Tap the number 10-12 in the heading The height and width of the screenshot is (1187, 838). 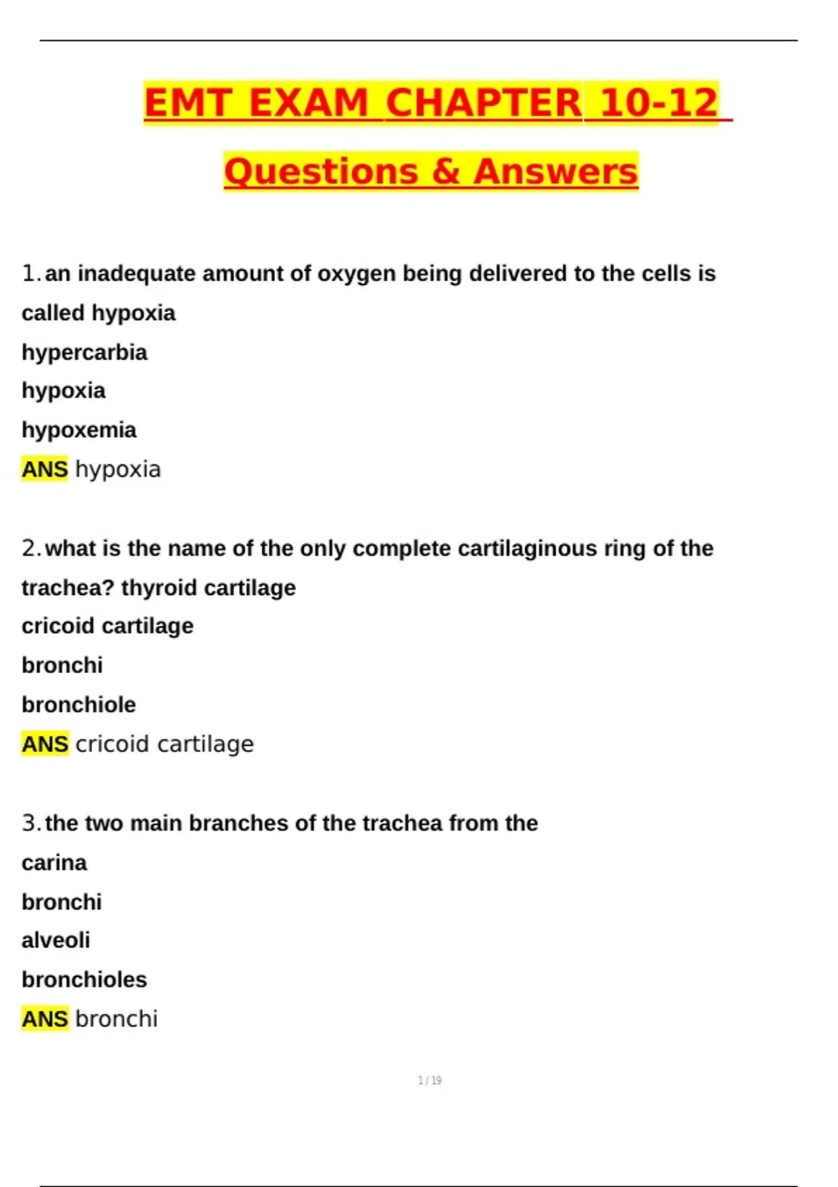pyautogui.click(x=659, y=103)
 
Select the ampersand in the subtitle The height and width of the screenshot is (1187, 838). pyautogui.click(x=446, y=172)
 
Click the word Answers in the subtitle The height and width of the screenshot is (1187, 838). pyautogui.click(x=556, y=172)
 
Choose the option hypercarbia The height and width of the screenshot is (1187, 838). pyautogui.click(x=84, y=352)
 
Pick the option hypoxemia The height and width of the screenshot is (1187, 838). pyautogui.click(x=79, y=429)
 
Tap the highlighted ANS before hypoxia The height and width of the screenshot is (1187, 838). pyautogui.click(x=45, y=469)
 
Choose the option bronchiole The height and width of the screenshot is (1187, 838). pyautogui.click(x=79, y=705)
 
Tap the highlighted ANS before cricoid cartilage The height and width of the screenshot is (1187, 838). pyautogui.click(x=45, y=744)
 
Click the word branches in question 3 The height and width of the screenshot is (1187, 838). pyautogui.click(x=239, y=823)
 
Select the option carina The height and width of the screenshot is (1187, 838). pyautogui.click(x=54, y=863)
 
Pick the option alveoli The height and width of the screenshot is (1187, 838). pyautogui.click(x=56, y=941)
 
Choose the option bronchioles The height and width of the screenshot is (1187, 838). pyautogui.click(x=84, y=980)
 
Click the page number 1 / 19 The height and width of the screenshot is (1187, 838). pyautogui.click(x=429, y=1081)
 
